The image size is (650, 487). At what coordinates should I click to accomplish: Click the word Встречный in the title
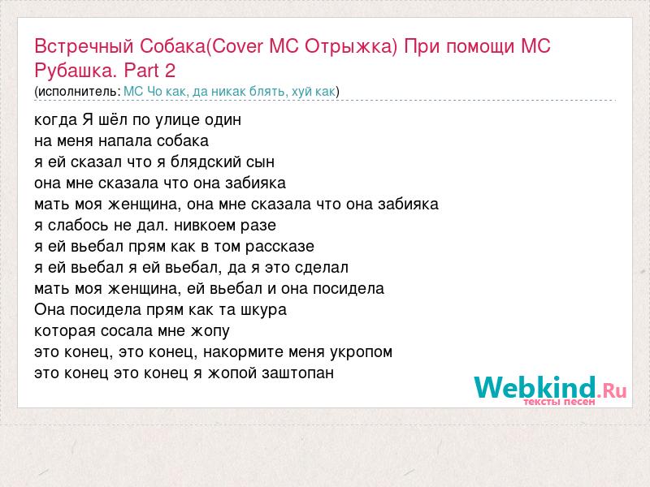click(84, 46)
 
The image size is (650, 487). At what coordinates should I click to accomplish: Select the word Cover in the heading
click(236, 46)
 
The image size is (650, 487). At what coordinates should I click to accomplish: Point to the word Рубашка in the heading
click(73, 71)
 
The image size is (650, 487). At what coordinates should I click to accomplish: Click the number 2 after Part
click(170, 71)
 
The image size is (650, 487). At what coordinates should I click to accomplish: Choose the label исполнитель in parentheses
click(78, 92)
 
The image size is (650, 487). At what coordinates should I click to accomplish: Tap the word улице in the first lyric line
click(177, 120)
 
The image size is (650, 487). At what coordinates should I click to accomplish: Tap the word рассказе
click(279, 247)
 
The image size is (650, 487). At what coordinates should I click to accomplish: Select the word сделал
click(322, 268)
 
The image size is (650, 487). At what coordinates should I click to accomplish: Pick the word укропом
click(361, 352)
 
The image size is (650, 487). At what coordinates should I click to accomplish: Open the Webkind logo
click(550, 390)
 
